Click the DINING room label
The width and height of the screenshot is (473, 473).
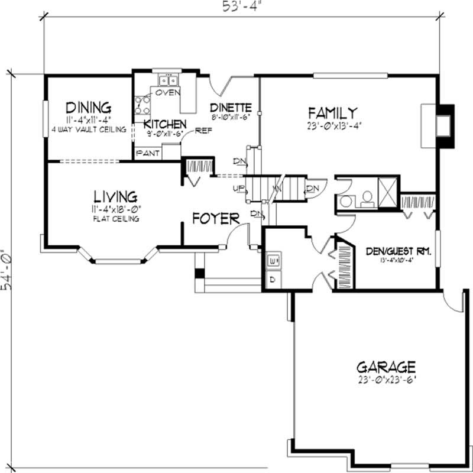click(88, 108)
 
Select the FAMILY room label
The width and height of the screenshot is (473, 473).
click(332, 112)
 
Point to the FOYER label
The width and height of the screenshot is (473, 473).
click(216, 218)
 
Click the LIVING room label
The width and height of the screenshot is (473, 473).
click(115, 196)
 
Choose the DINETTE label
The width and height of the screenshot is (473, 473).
click(231, 108)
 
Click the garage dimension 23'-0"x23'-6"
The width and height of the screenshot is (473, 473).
click(386, 380)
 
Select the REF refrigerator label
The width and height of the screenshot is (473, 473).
click(203, 131)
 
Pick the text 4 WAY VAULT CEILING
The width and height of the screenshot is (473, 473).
click(88, 129)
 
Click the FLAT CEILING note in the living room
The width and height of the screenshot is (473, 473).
click(115, 219)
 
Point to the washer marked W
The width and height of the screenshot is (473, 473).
click(273, 260)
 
